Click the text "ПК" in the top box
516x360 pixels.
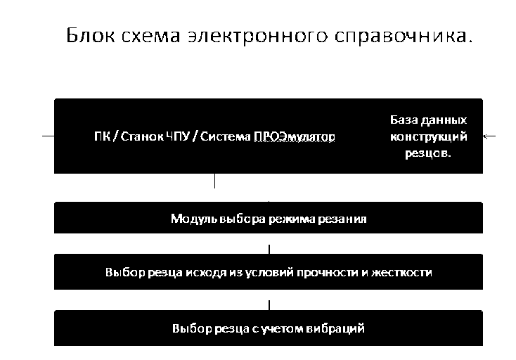pyautogui.click(x=100, y=136)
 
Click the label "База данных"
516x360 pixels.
pyautogui.click(x=428, y=120)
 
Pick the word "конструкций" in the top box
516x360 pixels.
pyautogui.click(x=428, y=136)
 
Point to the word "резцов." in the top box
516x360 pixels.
pyautogui.click(x=428, y=153)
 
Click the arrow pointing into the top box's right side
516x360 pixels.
pyautogui.click(x=490, y=136)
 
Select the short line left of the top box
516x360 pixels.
pyautogui.click(x=49, y=136)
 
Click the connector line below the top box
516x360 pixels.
pyautogui.click(x=214, y=181)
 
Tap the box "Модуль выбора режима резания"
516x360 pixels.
pyautogui.click(x=269, y=218)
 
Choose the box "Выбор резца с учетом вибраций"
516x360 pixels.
pyautogui.click(x=269, y=328)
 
